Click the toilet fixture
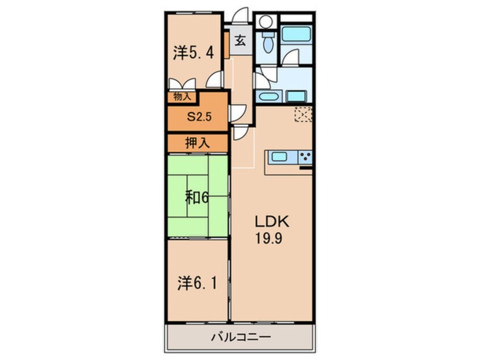[x=268, y=43]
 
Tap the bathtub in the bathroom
[x=296, y=34]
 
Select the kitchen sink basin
[x=279, y=157]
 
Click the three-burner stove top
[x=305, y=157]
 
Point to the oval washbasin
[x=268, y=97]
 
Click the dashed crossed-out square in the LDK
[x=303, y=114]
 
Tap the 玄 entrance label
[x=241, y=40]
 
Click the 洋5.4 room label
[x=193, y=53]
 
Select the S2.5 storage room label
[x=199, y=116]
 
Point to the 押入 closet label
[x=197, y=143]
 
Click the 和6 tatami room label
[x=197, y=198]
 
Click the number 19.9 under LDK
[x=269, y=238]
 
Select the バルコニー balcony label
[x=241, y=337]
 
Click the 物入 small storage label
[x=182, y=97]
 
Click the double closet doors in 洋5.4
[x=183, y=83]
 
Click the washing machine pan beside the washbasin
[x=296, y=97]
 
